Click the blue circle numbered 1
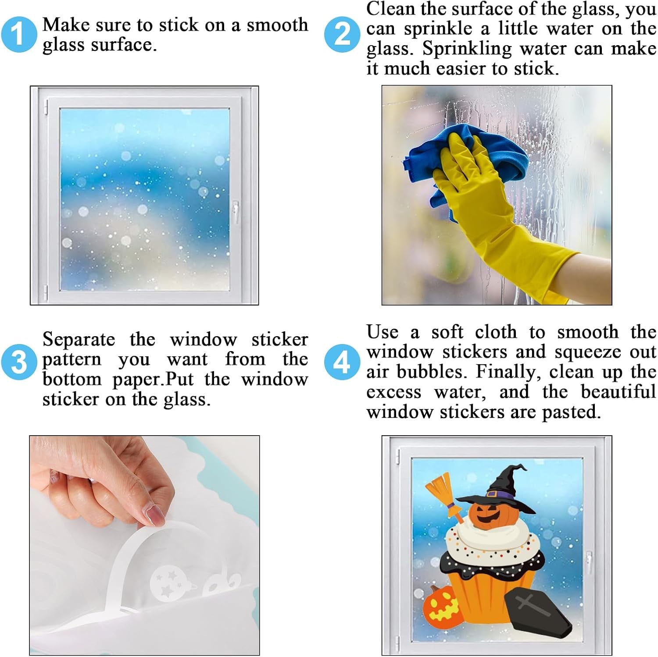[x=19, y=34]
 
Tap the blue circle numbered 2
[x=343, y=34]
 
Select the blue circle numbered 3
[x=19, y=362]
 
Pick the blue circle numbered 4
[x=343, y=362]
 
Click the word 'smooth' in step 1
[x=277, y=25]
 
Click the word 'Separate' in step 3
[x=79, y=340]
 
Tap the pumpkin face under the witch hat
[x=491, y=515]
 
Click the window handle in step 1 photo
[x=236, y=213]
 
